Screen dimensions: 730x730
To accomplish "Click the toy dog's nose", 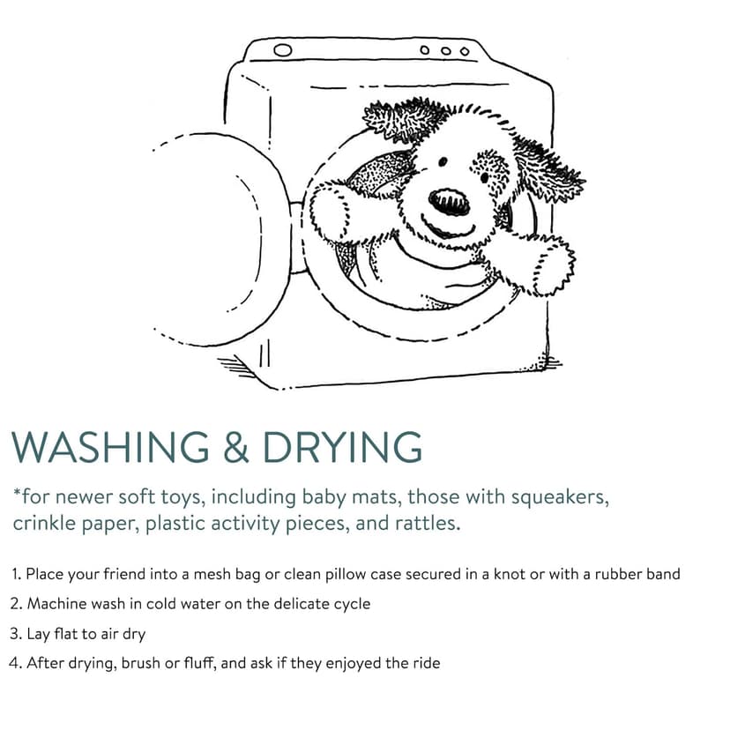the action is pos(450,202).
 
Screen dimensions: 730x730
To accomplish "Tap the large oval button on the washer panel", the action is pos(283,50).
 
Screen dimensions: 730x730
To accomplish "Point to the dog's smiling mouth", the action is pos(448,228).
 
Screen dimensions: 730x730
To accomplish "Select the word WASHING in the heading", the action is pos(110,446).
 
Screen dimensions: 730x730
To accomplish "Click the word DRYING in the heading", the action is pos(343,446).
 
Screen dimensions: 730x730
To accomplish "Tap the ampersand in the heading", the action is pos(236,447).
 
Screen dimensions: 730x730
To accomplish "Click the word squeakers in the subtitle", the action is pos(560,498).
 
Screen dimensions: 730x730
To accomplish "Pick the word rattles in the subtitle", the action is pos(428,523).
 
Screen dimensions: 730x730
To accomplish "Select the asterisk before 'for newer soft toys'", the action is pos(17,492).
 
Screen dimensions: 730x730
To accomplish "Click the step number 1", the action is pos(16,574).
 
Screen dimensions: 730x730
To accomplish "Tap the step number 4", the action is pos(15,663).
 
